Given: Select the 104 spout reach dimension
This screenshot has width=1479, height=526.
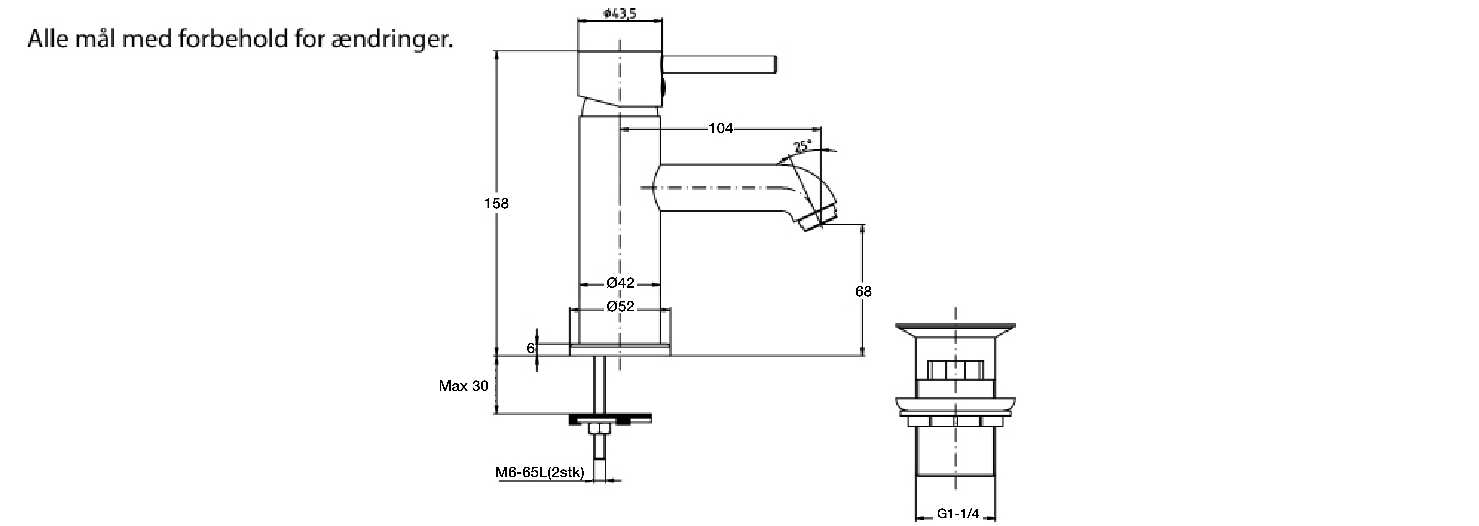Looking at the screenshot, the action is [721, 128].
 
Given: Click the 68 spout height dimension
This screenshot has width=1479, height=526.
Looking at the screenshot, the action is [863, 291].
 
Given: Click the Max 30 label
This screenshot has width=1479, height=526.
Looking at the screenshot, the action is [463, 386].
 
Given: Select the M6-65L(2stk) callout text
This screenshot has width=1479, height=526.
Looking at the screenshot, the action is [540, 473].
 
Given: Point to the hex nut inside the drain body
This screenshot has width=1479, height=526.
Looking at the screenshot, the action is [955, 370].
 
